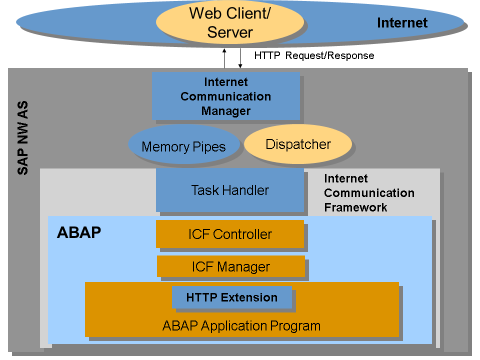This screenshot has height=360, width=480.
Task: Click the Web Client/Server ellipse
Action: click(x=230, y=22)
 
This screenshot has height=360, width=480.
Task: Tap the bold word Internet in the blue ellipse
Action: click(x=402, y=23)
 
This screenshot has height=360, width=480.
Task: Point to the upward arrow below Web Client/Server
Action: click(x=224, y=58)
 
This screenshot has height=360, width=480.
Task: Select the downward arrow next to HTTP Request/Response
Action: click(x=240, y=58)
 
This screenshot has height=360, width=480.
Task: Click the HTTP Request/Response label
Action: click(x=314, y=55)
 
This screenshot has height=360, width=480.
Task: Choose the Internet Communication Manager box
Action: click(x=225, y=96)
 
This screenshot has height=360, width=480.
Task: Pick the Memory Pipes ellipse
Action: click(x=183, y=146)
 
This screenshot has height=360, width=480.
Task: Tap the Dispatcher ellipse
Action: click(x=298, y=144)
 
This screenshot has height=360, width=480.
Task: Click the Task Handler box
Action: click(x=230, y=190)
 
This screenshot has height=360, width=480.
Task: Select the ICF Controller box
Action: click(x=230, y=234)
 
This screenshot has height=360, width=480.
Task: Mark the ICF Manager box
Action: click(x=230, y=266)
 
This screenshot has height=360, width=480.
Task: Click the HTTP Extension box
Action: click(x=231, y=297)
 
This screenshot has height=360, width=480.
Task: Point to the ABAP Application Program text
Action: click(x=241, y=326)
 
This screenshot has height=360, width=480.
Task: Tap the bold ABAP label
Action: click(x=79, y=233)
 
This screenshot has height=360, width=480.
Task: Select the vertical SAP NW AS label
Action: click(x=23, y=137)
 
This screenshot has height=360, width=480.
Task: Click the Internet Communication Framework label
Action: click(x=369, y=193)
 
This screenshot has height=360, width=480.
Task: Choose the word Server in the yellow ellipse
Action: click(x=230, y=32)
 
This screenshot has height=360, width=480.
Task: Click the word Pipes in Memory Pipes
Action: click(x=209, y=147)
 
